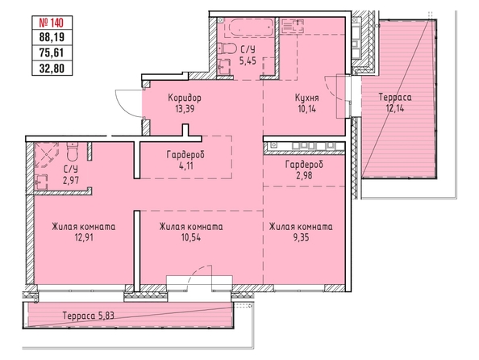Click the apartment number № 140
pyautogui.click(x=52, y=23)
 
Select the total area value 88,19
pyautogui.click(x=52, y=37)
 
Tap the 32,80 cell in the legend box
pyautogui.click(x=52, y=68)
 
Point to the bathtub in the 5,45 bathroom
pyautogui.click(x=248, y=27)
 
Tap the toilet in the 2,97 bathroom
pyautogui.click(x=73, y=152)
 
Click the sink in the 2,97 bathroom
pyautogui.click(x=41, y=182)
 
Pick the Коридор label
pyautogui.click(x=185, y=98)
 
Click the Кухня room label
pyautogui.click(x=307, y=98)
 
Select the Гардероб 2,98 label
pyautogui.click(x=304, y=170)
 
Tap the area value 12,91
pyautogui.click(x=83, y=237)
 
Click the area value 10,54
pyautogui.click(x=190, y=237)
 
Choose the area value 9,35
pyautogui.click(x=301, y=237)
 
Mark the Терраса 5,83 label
pyautogui.click(x=88, y=316)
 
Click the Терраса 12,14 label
pyautogui.click(x=395, y=103)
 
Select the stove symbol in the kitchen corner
pyautogui.click(x=292, y=25)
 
